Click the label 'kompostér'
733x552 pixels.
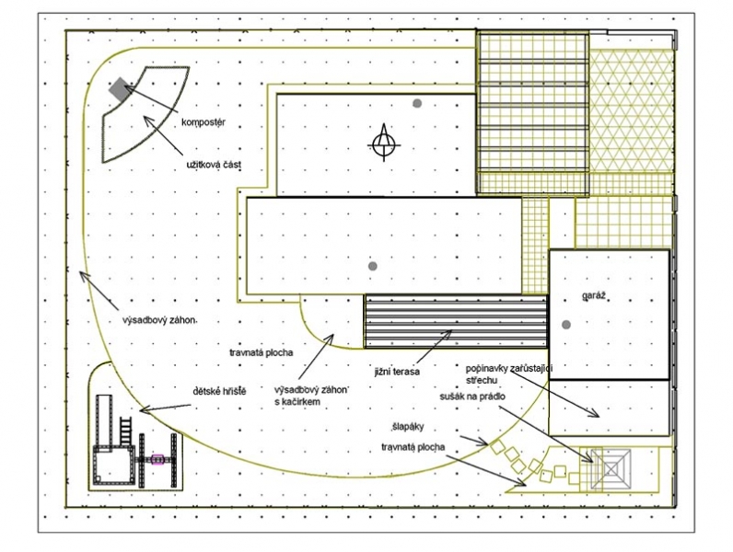[x=204, y=122]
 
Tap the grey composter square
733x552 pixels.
[x=120, y=88]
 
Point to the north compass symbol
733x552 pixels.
[x=384, y=144]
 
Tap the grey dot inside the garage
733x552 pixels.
[x=566, y=325]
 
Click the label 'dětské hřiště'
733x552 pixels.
[x=219, y=391]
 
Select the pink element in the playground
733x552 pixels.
[x=157, y=459]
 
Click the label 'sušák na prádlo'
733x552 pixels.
[x=472, y=397]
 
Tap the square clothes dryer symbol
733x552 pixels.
[x=611, y=469]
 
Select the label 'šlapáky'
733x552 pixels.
[x=408, y=427]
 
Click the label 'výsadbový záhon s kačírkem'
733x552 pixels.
[x=312, y=396]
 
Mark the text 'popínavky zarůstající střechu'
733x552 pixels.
[x=509, y=374]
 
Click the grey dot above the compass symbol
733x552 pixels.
[x=417, y=103]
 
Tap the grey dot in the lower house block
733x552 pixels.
[x=373, y=266]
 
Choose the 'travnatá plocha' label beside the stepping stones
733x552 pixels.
[x=413, y=447]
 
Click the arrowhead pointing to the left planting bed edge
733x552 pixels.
[x=83, y=276]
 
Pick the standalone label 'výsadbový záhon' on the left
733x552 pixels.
[x=158, y=321]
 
